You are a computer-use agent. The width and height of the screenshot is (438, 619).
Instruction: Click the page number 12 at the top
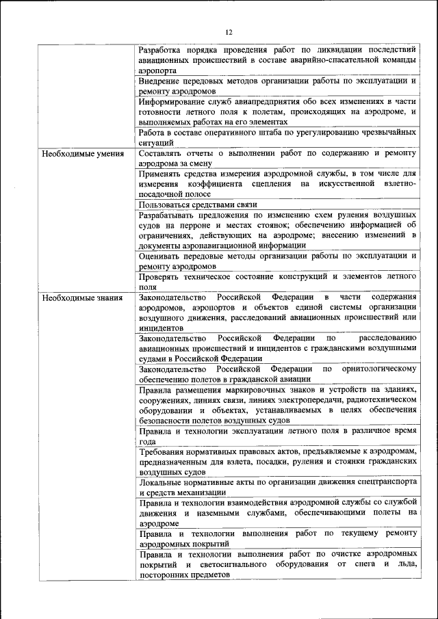pyautogui.click(x=229, y=31)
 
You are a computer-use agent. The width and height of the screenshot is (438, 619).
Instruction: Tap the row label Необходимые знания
pyautogui.click(x=82, y=298)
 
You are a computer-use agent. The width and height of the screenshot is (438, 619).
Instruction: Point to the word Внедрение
pyautogui.click(x=158, y=81)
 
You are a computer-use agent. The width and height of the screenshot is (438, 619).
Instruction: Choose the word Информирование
pyautogui.click(x=170, y=101)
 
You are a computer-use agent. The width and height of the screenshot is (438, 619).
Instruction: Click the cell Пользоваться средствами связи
pyautogui.click(x=197, y=205)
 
